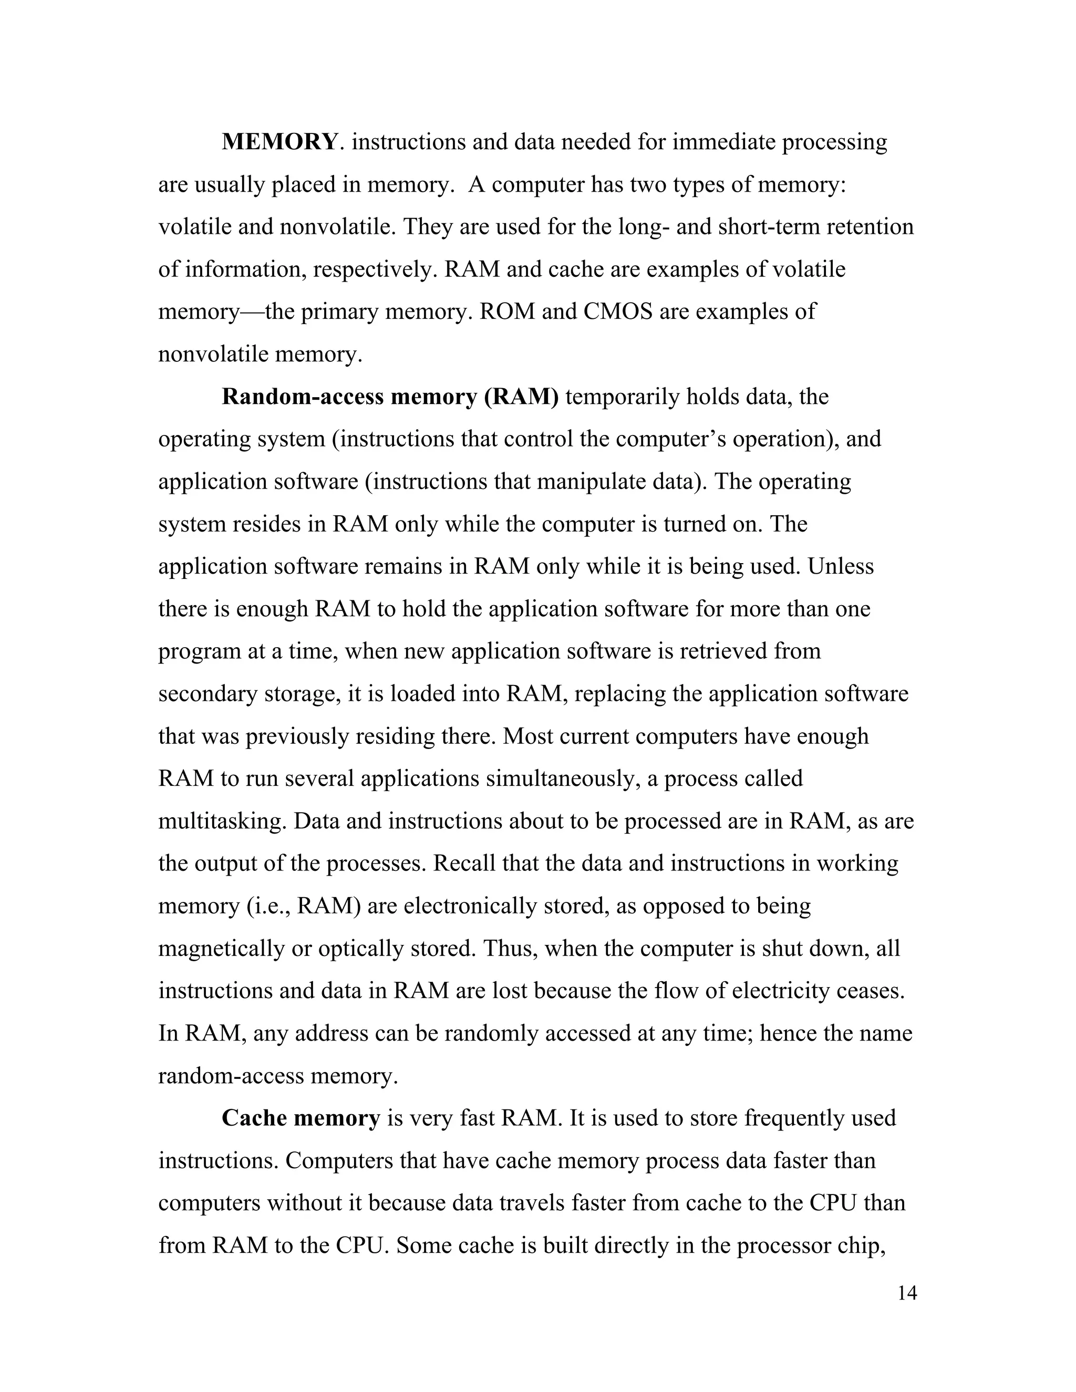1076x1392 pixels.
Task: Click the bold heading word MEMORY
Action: (x=278, y=141)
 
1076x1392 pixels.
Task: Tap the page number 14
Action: (x=906, y=1293)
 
